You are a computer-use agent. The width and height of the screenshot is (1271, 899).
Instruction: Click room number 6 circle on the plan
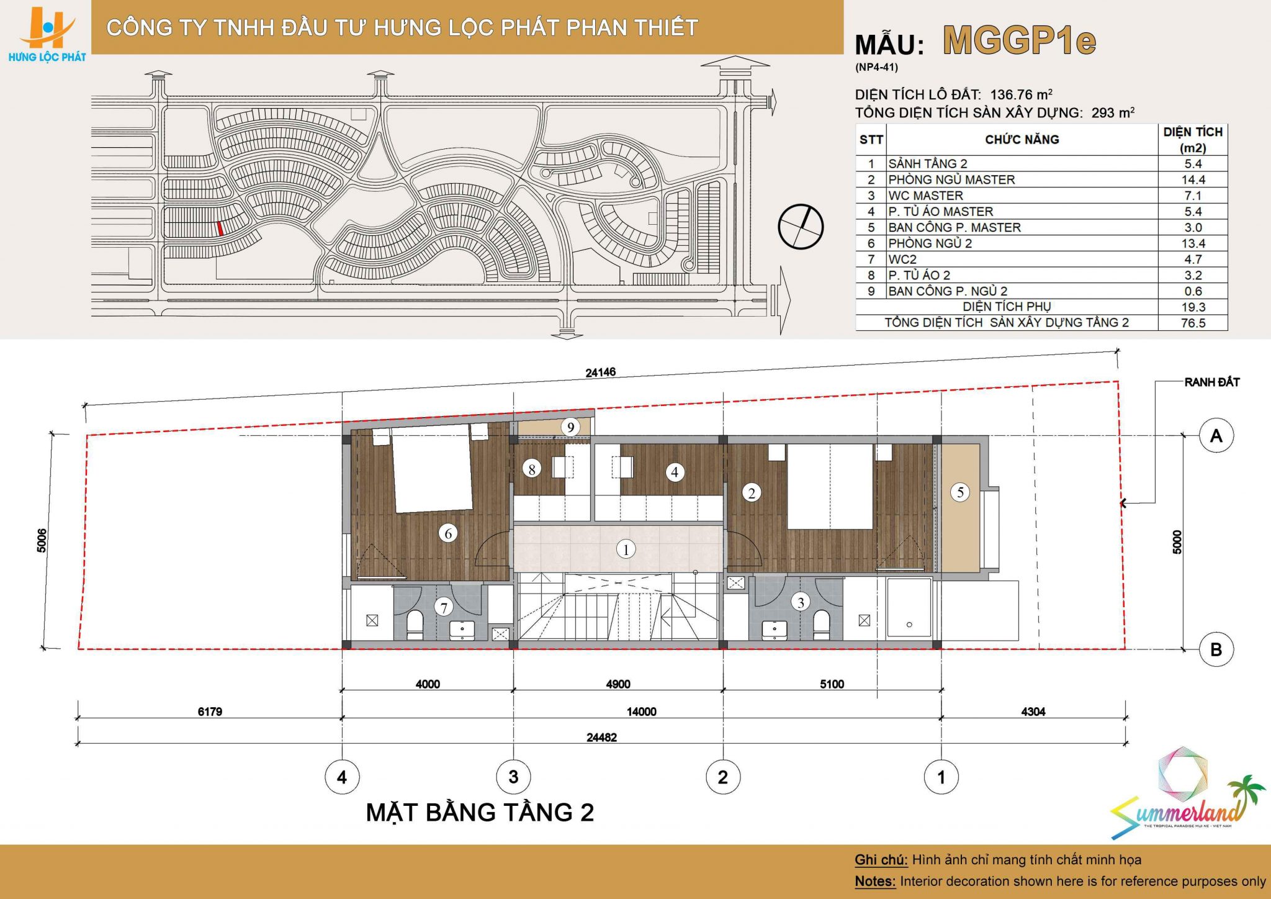pyautogui.click(x=448, y=533)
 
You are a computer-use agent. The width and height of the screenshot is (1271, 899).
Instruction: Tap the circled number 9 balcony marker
pyautogui.click(x=570, y=427)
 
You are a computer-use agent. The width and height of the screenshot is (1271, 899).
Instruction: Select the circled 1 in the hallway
pyautogui.click(x=626, y=549)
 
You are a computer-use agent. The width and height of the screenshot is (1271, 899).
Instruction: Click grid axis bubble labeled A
pyautogui.click(x=1216, y=436)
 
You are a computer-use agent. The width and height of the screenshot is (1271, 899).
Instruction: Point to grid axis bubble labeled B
pyautogui.click(x=1216, y=649)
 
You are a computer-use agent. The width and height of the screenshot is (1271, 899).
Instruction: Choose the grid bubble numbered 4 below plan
pyautogui.click(x=342, y=777)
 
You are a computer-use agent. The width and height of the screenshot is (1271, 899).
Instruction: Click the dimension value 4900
pyautogui.click(x=618, y=684)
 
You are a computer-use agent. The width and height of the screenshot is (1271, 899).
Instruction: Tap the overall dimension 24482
pyautogui.click(x=601, y=738)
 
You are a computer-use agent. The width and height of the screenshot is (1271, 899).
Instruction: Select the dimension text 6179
pyautogui.click(x=210, y=712)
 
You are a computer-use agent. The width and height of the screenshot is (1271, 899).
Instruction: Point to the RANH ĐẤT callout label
pyautogui.click(x=1211, y=382)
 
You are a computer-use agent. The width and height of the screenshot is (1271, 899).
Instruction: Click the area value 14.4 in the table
pyautogui.click(x=1193, y=179)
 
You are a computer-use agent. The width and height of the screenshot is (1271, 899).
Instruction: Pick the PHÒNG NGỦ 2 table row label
pyautogui.click(x=930, y=243)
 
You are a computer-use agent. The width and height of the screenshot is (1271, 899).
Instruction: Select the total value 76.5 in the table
pyautogui.click(x=1193, y=323)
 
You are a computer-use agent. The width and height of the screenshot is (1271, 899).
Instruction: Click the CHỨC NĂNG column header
pyautogui.click(x=1022, y=140)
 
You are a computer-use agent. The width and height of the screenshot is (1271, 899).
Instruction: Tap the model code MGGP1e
pyautogui.click(x=1019, y=41)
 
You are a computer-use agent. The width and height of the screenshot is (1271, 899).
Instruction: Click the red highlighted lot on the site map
pyautogui.click(x=220, y=228)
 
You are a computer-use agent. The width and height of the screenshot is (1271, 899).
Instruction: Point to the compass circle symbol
pyautogui.click(x=801, y=227)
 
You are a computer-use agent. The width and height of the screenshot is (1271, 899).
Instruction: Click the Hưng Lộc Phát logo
pyautogui.click(x=47, y=35)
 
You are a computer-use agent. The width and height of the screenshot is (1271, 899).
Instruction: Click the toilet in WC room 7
pyautogui.click(x=415, y=625)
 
